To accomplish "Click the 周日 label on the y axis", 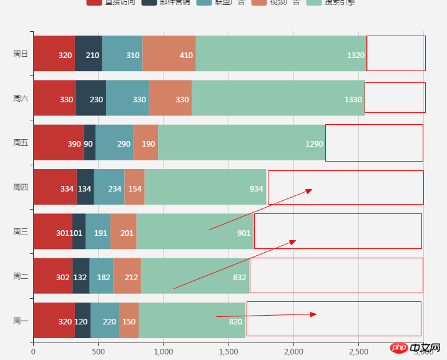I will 21,54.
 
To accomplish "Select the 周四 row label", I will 21,187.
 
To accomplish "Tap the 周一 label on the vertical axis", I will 21,321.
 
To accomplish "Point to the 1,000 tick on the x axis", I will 163,352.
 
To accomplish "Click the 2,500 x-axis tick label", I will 358,352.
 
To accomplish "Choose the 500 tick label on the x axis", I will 98,352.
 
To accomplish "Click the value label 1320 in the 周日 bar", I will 355,55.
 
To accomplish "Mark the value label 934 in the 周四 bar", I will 256,188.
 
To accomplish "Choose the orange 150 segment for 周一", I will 129,321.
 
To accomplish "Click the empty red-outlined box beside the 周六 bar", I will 395,98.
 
